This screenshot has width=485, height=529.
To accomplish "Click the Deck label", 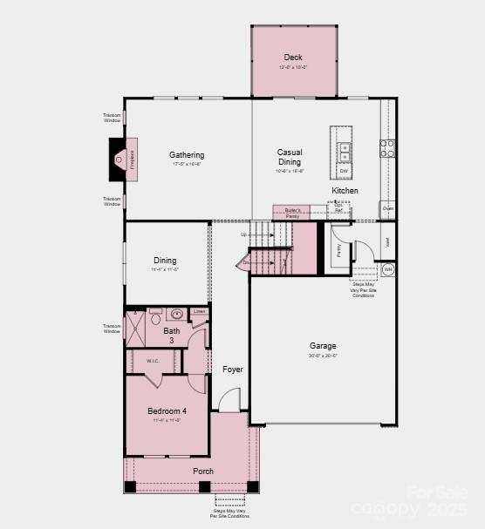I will (293, 58).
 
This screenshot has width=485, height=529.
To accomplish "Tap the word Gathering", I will (187, 155).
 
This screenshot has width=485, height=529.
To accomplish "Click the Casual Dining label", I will (290, 157).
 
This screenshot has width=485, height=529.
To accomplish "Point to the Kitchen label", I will (345, 190).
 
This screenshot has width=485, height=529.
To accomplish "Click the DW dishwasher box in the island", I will (344, 171).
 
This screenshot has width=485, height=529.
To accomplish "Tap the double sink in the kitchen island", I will (344, 148).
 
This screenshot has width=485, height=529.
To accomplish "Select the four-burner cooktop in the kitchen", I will (387, 148).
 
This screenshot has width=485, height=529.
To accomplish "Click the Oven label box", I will (388, 209).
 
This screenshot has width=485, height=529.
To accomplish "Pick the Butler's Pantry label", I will (292, 212).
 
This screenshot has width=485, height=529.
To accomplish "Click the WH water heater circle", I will (388, 270).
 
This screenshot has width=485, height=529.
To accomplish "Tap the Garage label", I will (323, 346).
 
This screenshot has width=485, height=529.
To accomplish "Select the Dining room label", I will (165, 260).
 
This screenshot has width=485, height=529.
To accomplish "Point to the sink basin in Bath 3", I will (175, 315).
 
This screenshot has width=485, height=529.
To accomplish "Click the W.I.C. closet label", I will (153, 360).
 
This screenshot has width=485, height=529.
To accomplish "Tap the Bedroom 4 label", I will (166, 410).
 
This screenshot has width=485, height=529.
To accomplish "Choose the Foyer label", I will (232, 370).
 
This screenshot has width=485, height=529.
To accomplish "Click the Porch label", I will (203, 471).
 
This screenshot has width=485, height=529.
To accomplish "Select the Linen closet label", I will (199, 311).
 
